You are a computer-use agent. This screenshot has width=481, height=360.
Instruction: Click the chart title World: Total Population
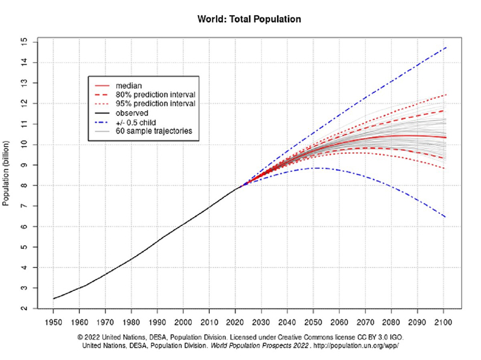point(249,19)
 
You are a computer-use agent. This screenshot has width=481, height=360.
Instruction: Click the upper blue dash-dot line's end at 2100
point(446,47)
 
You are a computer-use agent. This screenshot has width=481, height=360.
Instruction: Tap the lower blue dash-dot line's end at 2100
point(446,217)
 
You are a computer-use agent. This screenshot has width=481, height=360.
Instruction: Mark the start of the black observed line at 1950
point(54,299)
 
